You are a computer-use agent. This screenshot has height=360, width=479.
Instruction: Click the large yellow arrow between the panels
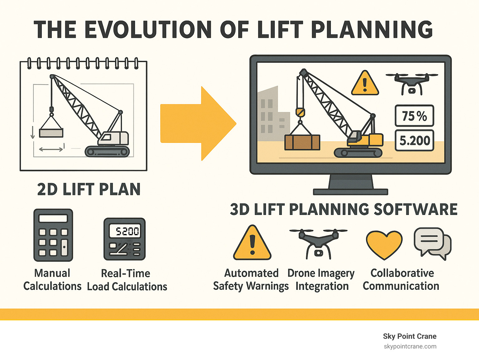click(196, 124)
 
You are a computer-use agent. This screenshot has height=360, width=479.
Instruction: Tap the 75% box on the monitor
click(414, 116)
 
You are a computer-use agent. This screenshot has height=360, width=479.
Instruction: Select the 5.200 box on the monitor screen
click(414, 141)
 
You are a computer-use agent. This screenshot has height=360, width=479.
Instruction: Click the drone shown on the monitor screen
click(412, 83)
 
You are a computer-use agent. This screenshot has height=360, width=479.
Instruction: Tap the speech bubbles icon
click(433, 243)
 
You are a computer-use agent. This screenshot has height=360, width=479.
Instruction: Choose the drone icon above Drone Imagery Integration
click(318, 243)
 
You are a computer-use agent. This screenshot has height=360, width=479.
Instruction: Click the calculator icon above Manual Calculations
click(53, 235)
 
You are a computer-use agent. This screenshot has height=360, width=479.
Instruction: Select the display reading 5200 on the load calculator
click(127, 231)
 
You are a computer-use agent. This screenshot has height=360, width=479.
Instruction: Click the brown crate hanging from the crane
click(302, 142)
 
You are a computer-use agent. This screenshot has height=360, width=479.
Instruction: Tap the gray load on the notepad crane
click(51, 133)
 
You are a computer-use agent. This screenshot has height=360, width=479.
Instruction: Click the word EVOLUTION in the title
click(148, 30)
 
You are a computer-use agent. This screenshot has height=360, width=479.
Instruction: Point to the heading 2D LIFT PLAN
click(89, 189)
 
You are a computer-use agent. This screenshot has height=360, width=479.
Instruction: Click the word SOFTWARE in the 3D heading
click(415, 209)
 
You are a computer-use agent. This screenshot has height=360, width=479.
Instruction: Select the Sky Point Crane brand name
click(409, 336)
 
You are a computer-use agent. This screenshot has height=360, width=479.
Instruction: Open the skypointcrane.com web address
click(410, 346)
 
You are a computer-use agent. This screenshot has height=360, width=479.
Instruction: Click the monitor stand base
click(350, 192)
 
